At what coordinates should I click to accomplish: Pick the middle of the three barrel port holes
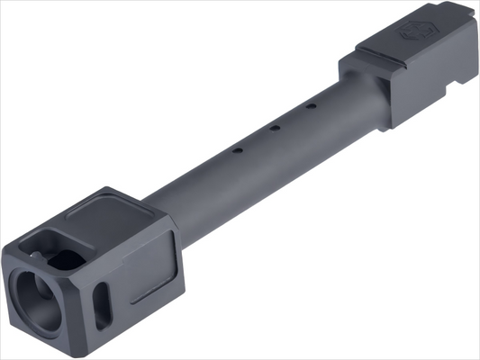tap(273, 128)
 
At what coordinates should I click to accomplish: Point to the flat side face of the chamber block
tap(428, 85)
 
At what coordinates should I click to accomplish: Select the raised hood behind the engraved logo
tap(441, 27)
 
